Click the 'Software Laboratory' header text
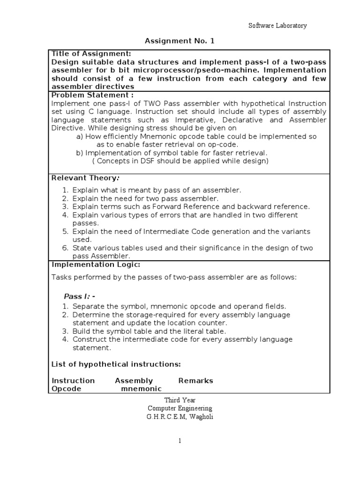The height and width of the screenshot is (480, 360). click(x=277, y=26)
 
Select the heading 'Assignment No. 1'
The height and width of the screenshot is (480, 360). click(x=180, y=41)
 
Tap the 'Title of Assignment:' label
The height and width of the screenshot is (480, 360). click(x=91, y=53)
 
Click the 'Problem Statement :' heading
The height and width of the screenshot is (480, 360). click(x=89, y=96)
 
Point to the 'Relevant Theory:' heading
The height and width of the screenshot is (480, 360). click(x=85, y=178)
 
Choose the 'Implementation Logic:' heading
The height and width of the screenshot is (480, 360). click(x=96, y=265)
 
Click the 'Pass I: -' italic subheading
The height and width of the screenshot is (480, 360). click(x=79, y=296)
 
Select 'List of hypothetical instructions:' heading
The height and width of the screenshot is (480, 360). click(x=116, y=364)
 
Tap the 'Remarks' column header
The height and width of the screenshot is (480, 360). click(x=195, y=381)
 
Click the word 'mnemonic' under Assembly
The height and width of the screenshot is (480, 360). click(x=141, y=389)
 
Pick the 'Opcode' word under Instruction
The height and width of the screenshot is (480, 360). click(x=66, y=389)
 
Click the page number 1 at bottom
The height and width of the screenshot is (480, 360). click(x=180, y=441)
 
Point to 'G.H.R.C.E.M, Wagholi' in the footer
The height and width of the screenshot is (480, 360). click(x=180, y=417)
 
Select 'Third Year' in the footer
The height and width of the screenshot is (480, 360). click(x=180, y=400)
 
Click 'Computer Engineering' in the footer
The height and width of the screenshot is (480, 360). click(x=180, y=408)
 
